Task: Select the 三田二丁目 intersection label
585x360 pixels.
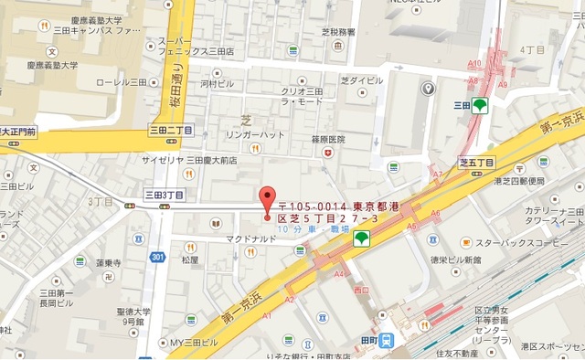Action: (x=171, y=131)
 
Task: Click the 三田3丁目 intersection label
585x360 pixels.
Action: (x=165, y=195)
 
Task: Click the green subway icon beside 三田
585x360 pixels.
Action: (x=480, y=105)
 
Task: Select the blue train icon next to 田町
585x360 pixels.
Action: (x=388, y=340)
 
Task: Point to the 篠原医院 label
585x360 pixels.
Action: (x=328, y=139)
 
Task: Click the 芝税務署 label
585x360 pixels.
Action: (x=338, y=32)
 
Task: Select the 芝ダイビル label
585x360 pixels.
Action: (x=365, y=79)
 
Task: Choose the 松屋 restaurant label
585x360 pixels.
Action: (x=189, y=259)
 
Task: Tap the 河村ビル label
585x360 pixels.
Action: (x=218, y=83)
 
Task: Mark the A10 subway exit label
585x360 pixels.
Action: (x=473, y=63)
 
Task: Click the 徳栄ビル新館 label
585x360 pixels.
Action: (x=456, y=259)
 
